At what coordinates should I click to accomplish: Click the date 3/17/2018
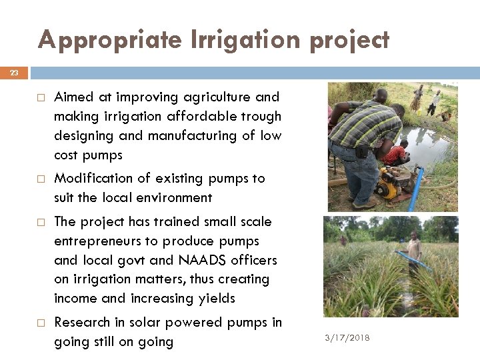click(347, 338)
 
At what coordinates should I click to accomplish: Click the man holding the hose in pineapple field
click(414, 247)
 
